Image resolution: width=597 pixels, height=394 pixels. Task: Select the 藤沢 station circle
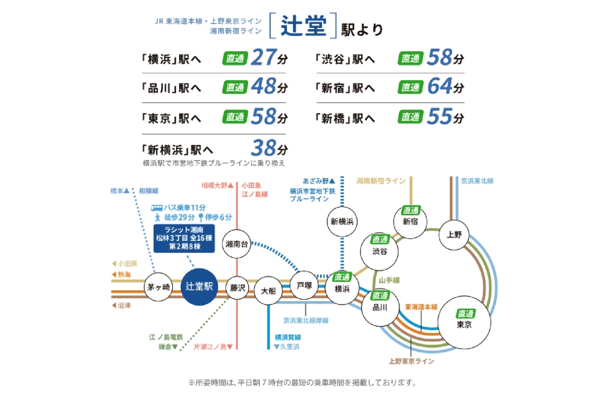coord(238,287)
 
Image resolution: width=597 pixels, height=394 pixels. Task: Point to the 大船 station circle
coord(268,290)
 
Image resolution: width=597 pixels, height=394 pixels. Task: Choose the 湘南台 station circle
coord(238,244)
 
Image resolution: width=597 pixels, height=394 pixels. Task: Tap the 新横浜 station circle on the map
coord(342,221)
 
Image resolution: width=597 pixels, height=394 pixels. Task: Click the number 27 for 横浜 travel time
coord(264,58)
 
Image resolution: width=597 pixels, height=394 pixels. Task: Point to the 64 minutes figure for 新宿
coord(439,88)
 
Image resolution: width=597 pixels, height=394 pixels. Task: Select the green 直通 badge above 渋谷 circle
coord(380,239)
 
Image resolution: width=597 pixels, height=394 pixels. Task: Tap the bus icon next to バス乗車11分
coord(156,207)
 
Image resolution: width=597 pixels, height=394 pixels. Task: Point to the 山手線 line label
coord(389,280)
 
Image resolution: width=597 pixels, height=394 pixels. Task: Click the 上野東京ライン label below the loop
coord(411,361)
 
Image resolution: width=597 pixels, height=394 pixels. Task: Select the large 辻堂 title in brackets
coord(302,27)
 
